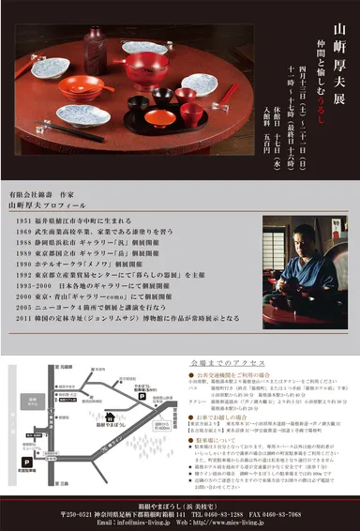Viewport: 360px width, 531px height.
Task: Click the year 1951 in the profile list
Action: point(25,218)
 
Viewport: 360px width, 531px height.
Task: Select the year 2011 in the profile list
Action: point(25,318)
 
